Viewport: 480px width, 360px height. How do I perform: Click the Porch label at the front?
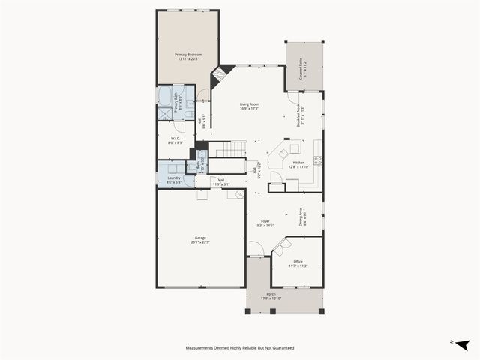tap(271, 295)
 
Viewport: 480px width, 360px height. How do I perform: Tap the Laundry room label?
tap(173, 179)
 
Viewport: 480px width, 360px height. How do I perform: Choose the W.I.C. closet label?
tap(174, 139)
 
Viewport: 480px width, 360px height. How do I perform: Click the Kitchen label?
tap(298, 164)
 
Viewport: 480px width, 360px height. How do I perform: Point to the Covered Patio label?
tap(301, 69)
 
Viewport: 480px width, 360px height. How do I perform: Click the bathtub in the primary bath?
tap(165, 97)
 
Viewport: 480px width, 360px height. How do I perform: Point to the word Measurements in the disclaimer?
tap(204, 348)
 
